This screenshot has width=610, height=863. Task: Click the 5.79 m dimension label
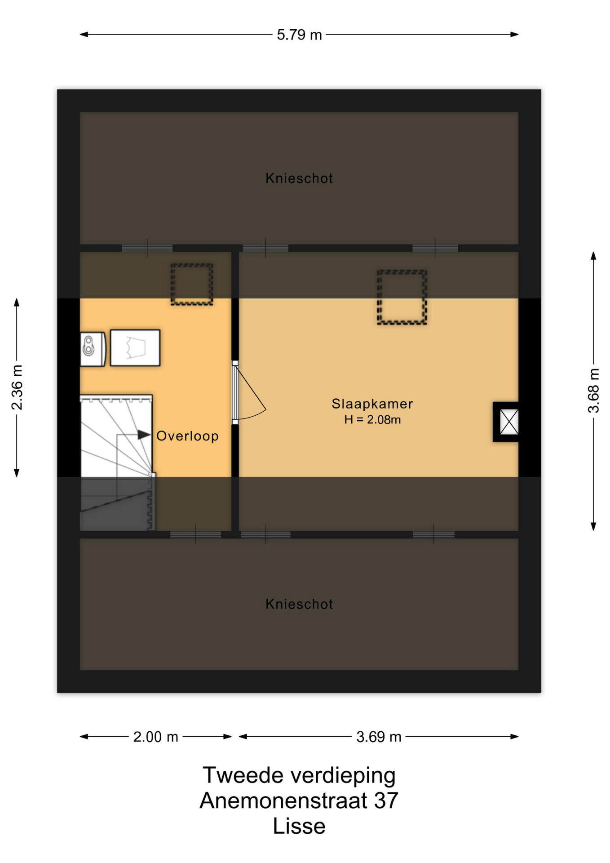(299, 35)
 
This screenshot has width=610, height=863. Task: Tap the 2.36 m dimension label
(17, 387)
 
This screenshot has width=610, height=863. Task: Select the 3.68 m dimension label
(593, 391)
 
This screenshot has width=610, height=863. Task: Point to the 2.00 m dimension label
(155, 737)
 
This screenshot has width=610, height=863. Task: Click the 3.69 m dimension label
(379, 737)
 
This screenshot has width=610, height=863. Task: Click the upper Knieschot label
(299, 178)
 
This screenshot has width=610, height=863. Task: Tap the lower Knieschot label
(299, 604)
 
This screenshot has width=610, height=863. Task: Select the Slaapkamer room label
(372, 404)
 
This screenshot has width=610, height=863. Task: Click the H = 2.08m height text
(372, 420)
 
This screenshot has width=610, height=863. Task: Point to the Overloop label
(187, 436)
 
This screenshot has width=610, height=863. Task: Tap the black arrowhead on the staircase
(144, 435)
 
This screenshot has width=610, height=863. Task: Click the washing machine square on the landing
(135, 348)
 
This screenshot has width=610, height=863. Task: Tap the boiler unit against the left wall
(93, 349)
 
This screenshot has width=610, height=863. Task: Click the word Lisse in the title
(299, 826)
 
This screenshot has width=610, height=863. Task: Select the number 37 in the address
(386, 801)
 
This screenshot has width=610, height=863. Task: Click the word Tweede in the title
(243, 775)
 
